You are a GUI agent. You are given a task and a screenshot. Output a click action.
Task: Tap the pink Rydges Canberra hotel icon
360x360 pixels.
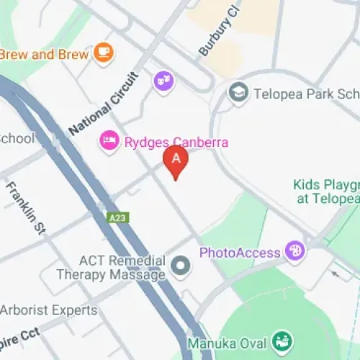coord(109,141)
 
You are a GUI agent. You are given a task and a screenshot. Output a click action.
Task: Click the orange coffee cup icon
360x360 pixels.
coord(104,53)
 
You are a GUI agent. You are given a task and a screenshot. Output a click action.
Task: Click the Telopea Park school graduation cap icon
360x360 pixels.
coord(238,92)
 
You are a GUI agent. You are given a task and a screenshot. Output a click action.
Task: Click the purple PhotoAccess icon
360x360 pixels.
coord(294,252)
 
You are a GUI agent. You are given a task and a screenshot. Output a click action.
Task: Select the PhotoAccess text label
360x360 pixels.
coord(240,253)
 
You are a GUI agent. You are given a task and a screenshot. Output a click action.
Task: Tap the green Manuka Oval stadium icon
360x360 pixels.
coord(282,342)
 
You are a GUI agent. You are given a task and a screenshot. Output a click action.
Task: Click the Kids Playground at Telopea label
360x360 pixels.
coord(327,192)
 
